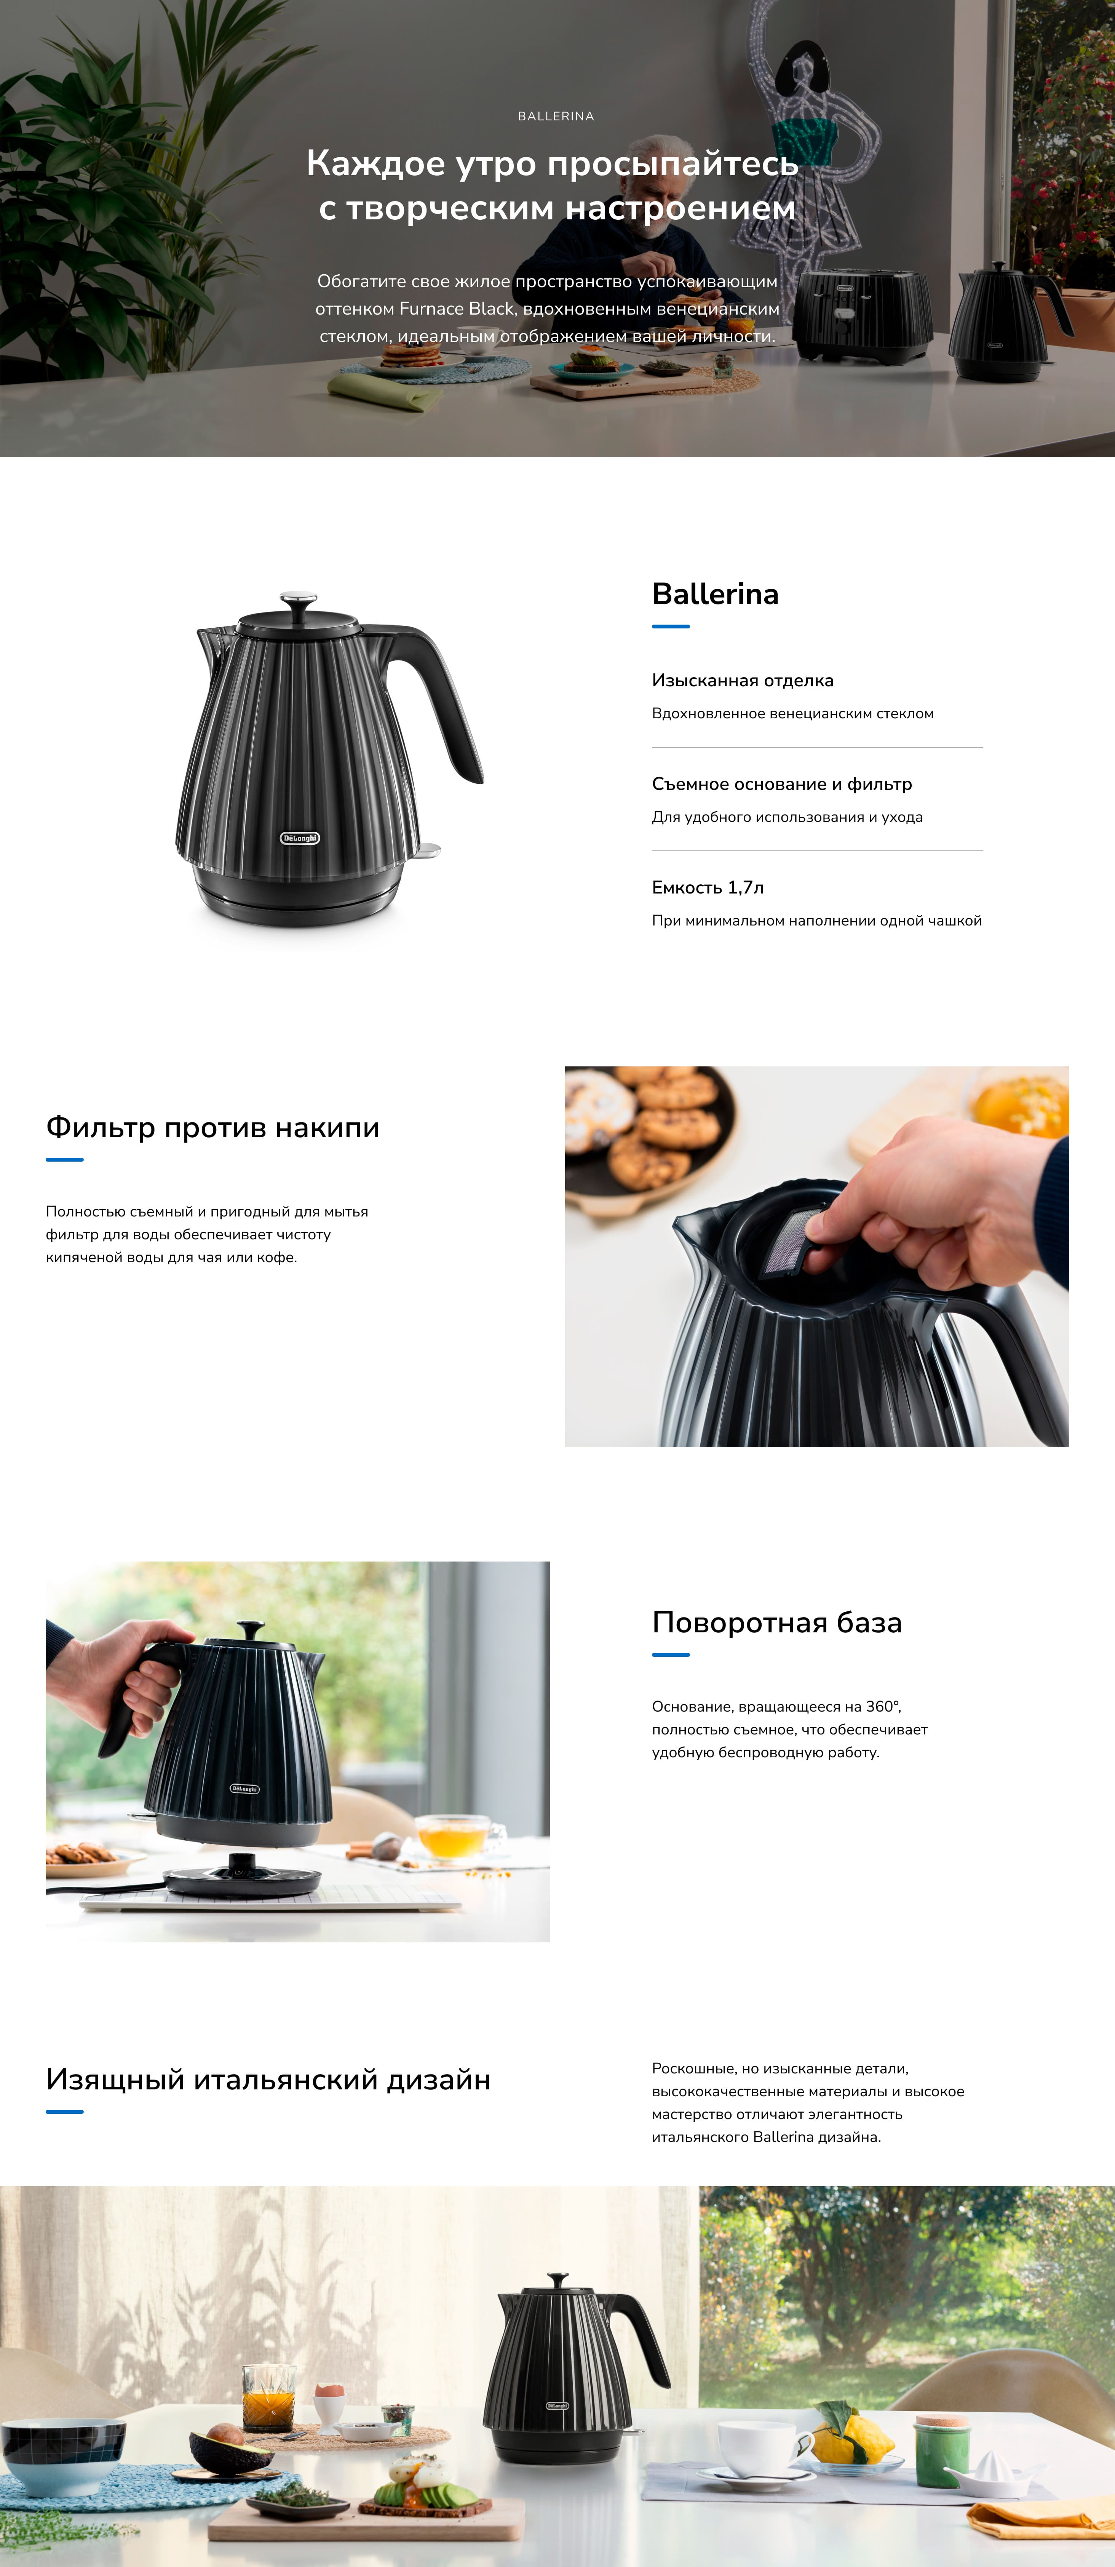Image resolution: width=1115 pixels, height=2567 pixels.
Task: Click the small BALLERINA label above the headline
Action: point(556,117)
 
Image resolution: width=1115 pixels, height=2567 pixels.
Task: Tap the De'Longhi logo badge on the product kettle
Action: point(300,838)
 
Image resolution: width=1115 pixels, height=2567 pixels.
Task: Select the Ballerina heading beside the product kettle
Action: point(716,594)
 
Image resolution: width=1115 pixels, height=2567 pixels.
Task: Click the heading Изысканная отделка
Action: point(742,681)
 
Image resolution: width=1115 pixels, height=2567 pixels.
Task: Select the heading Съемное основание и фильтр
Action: point(782,784)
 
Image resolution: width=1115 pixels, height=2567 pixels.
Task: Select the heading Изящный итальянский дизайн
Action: point(268,2080)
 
